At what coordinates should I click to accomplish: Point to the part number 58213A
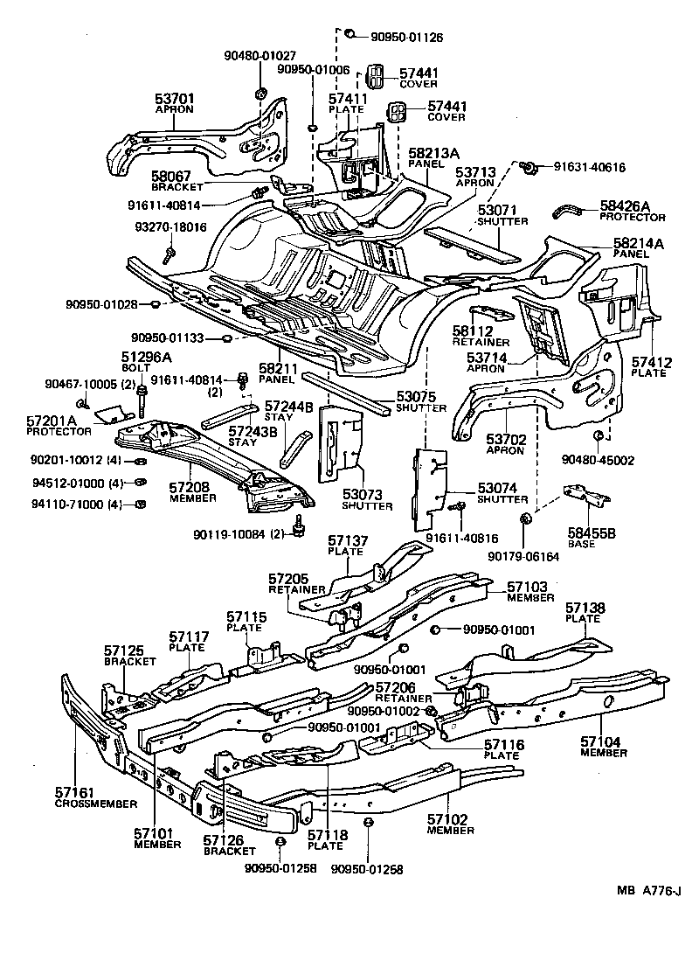434,152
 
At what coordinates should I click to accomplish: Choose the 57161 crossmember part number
76,792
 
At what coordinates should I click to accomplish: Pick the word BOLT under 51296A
135,368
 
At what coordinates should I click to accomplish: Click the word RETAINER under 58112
474,342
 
